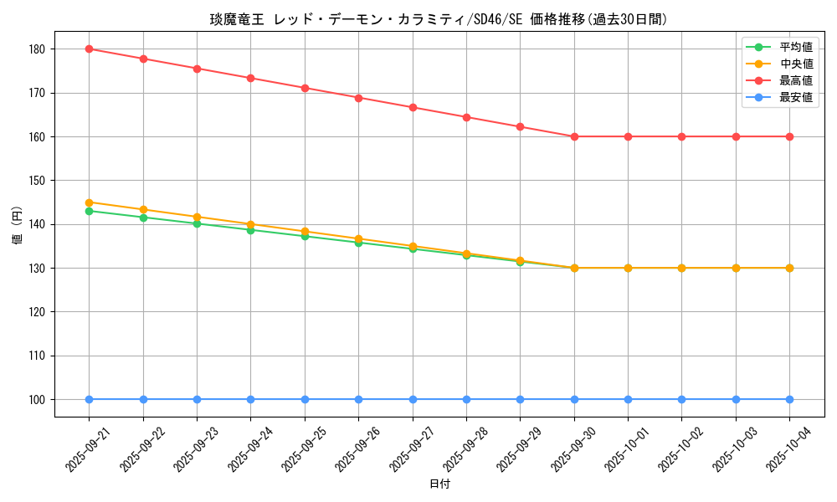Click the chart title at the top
439,19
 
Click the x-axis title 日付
439,484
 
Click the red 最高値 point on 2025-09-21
89,49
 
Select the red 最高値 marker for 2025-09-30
574,136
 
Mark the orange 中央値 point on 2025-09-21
89,202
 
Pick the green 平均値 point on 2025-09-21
89,211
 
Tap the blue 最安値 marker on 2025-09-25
305,399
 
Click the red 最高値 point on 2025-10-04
789,136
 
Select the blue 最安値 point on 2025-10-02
681,399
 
